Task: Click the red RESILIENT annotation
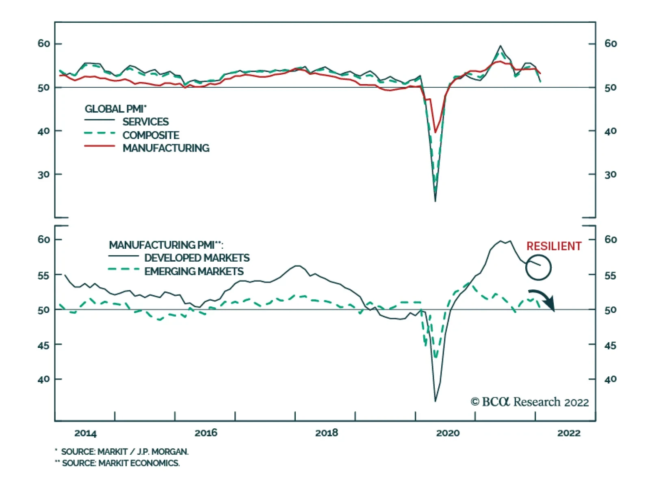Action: [554, 246]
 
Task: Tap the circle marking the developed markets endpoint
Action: [538, 267]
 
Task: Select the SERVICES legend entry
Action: [145, 122]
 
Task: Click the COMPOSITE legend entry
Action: [151, 135]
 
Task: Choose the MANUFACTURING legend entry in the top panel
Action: [166, 148]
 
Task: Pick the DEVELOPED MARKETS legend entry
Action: [197, 258]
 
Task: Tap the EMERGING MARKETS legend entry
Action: [194, 271]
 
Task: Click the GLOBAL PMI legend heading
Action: [115, 109]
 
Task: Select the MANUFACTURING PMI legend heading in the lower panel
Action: [166, 245]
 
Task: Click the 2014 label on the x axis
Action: [85, 433]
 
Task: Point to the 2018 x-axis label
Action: [327, 433]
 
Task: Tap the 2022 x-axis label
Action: [569, 433]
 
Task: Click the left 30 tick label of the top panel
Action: [44, 174]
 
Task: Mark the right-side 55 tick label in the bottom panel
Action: [610, 276]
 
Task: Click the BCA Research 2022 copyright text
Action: [529, 402]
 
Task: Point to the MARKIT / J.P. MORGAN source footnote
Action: [124, 451]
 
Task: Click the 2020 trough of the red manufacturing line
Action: [435, 132]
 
